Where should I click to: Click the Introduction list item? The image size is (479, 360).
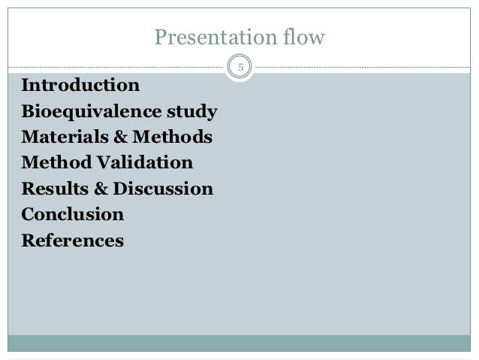point(81,83)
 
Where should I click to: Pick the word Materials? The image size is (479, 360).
point(63,138)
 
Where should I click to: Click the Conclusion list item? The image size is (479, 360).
point(73,214)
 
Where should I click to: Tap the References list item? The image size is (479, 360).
point(73,241)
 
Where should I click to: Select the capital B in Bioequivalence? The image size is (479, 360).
point(29,114)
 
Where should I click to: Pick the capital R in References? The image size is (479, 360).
point(29,241)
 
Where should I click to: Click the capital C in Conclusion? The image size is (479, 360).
point(29,214)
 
